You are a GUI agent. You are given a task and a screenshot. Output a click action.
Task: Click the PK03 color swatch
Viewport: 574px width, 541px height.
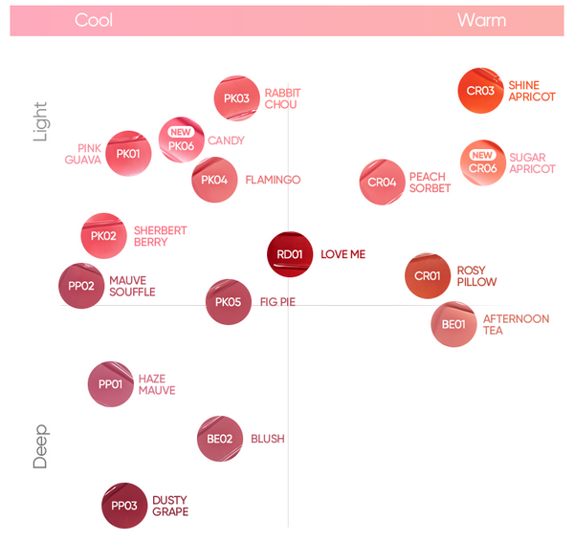tap(236, 98)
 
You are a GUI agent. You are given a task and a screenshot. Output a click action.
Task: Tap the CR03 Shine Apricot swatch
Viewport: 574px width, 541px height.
tap(480, 91)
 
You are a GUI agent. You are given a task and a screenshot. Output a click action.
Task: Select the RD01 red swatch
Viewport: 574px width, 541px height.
tap(290, 255)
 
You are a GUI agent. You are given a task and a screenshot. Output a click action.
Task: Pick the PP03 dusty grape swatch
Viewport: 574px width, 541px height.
tap(124, 506)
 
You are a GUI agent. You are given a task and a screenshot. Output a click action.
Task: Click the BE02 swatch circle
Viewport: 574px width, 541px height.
tap(219, 440)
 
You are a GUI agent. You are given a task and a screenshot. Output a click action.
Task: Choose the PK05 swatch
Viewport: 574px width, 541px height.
tap(228, 303)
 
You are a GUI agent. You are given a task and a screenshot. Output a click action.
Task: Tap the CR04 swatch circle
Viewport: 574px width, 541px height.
tap(382, 182)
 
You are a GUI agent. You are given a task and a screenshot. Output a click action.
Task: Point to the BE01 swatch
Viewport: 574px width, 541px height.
tap(453, 324)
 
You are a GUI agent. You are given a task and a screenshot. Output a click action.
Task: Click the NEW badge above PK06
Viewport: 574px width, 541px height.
tap(181, 133)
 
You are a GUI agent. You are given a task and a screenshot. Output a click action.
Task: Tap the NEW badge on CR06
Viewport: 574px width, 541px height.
tap(482, 155)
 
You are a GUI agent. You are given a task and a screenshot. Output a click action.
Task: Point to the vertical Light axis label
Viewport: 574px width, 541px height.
tap(40, 122)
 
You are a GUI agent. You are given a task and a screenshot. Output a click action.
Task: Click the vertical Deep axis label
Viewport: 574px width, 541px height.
tap(40, 446)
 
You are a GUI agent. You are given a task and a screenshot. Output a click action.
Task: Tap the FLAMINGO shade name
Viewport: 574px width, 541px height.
tap(273, 180)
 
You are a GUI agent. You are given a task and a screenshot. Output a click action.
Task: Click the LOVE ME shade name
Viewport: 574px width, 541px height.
tap(342, 255)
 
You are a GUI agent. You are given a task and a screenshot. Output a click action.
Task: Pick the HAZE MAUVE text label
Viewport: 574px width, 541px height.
tap(157, 384)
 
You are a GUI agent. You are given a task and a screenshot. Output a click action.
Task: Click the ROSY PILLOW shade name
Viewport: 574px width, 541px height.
tap(476, 276)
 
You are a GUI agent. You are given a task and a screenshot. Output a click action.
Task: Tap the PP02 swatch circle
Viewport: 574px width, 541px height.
tap(81, 286)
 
